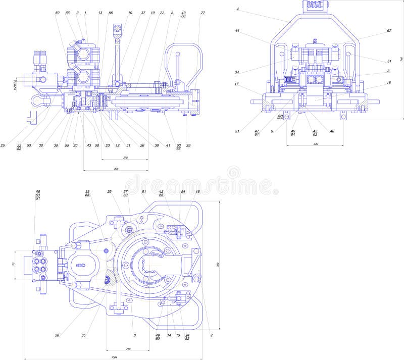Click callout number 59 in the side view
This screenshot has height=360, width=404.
coord(57,13)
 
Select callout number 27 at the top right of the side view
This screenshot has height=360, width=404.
coord(203,13)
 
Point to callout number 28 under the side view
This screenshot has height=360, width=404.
coord(188,145)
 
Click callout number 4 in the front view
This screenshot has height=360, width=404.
coord(237,9)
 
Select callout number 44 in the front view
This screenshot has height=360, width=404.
coord(237,31)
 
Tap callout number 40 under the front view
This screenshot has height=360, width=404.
coord(332,131)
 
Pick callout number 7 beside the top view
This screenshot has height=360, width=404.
coord(212,335)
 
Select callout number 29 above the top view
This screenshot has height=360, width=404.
coord(109,192)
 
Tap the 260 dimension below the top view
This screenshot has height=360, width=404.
coord(128,348)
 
